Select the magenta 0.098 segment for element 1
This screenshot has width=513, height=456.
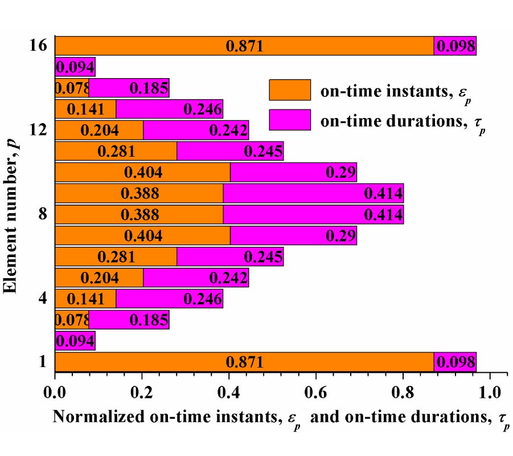pos(454,361)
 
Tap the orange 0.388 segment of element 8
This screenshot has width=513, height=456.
pos(139,214)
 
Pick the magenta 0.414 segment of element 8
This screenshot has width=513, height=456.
pos(313,214)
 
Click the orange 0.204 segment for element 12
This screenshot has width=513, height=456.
pos(99,130)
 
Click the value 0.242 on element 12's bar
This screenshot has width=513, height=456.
pos(228,130)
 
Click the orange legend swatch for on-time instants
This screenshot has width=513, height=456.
pos(289,90)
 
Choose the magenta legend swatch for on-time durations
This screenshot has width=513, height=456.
pos(289,120)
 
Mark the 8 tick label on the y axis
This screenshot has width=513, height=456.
pos(42,214)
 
